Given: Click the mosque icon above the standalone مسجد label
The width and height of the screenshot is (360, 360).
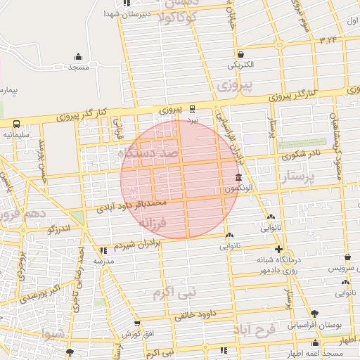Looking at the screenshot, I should coord(78,56).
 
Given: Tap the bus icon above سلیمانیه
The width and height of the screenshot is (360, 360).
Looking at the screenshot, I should coord(15,122).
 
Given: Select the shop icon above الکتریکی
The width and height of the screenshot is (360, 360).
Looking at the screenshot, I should coord(240,54).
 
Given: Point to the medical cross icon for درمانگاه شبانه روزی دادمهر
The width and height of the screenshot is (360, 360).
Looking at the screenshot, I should coord(279,250).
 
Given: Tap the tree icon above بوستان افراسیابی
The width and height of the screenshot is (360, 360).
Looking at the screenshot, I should coord(314,314).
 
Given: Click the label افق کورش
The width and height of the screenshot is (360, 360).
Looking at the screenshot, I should coord(131,333).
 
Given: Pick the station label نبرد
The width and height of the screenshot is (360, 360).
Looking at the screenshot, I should coord(193,120).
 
